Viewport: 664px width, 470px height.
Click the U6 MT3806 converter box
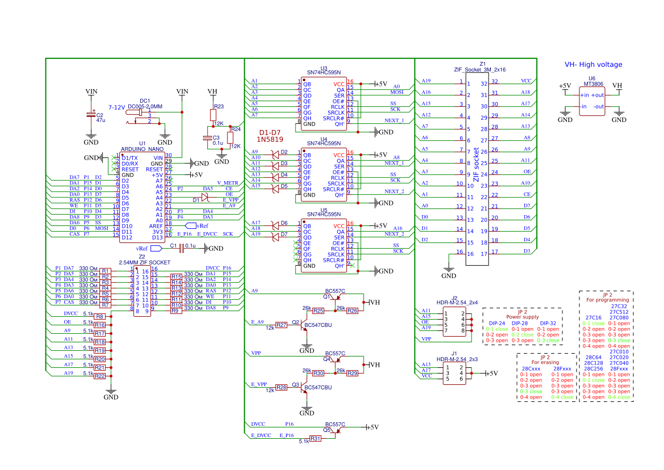592,100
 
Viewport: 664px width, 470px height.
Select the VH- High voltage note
593,65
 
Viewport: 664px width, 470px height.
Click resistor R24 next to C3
230,137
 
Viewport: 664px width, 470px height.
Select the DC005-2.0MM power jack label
145,106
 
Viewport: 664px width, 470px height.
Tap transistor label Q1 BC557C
335,291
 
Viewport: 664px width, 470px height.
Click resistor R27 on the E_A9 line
281,325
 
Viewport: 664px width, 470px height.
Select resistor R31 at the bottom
316,439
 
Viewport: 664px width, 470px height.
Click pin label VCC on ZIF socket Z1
526,81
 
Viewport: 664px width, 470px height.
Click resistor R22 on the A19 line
100,376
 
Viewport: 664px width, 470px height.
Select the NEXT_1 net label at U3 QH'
394,120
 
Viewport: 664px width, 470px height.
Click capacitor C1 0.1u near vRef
182,248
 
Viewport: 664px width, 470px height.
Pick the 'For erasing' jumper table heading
544,362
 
